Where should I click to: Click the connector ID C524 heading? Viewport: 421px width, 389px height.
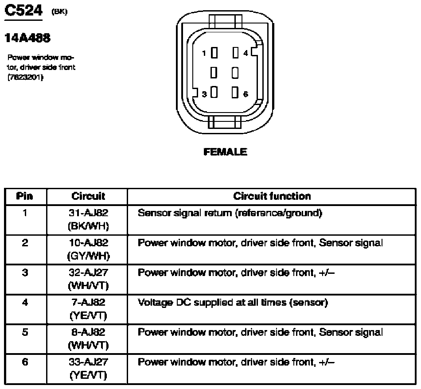click(x=23, y=12)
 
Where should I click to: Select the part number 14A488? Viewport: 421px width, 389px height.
click(x=27, y=38)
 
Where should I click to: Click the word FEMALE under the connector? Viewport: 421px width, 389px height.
click(x=225, y=152)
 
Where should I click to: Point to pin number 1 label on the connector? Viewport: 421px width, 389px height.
click(x=204, y=53)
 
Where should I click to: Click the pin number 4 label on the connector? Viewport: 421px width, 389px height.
click(x=246, y=53)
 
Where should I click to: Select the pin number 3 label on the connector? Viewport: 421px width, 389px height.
click(x=204, y=94)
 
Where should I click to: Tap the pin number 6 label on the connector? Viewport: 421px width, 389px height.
click(x=246, y=94)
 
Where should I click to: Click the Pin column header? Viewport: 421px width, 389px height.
click(x=25, y=196)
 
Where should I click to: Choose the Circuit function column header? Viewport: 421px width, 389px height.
click(x=272, y=196)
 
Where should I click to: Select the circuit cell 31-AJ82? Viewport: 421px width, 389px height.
click(x=88, y=213)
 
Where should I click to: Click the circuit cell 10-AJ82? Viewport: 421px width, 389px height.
click(x=88, y=243)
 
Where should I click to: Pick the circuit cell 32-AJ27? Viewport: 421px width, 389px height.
click(x=88, y=272)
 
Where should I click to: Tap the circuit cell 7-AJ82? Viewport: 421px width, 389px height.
click(x=88, y=303)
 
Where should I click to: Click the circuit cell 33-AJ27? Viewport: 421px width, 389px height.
click(x=88, y=362)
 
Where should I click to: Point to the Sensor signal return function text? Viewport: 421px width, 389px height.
click(x=229, y=213)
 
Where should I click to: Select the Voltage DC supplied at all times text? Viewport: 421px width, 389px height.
click(x=233, y=303)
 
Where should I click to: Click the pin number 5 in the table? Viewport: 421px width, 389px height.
click(x=25, y=332)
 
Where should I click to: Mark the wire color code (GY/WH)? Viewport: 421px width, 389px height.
click(x=88, y=256)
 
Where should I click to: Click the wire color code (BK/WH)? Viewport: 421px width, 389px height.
click(x=88, y=226)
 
